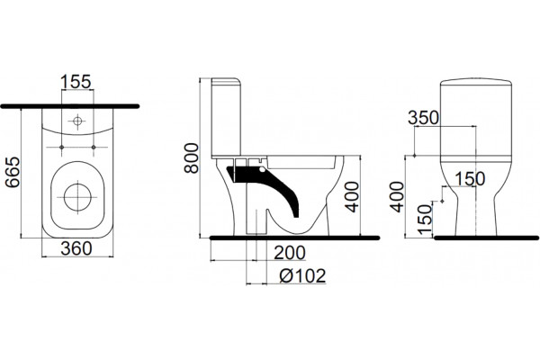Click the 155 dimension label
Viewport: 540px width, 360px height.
[76, 82]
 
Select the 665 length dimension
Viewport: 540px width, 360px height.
[13, 172]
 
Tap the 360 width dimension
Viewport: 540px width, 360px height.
[76, 248]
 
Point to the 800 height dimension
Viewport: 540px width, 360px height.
[192, 157]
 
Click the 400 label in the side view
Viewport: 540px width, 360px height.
[352, 197]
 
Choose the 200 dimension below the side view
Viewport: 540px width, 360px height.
[290, 253]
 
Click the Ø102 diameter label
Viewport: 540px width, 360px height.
[302, 276]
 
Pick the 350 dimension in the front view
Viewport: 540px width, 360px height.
[423, 118]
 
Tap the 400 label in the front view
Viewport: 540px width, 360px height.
[397, 197]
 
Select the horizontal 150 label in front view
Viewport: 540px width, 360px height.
[470, 178]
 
